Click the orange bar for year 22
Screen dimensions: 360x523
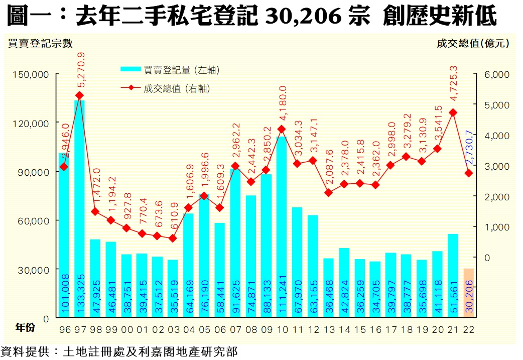tap(468, 293)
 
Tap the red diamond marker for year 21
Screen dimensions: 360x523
tap(453, 113)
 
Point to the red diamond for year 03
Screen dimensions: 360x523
tap(173, 238)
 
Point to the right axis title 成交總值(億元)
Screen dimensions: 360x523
tap(473, 43)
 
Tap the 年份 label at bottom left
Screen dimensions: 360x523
tap(25, 327)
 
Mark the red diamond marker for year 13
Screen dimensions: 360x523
tap(328, 193)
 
